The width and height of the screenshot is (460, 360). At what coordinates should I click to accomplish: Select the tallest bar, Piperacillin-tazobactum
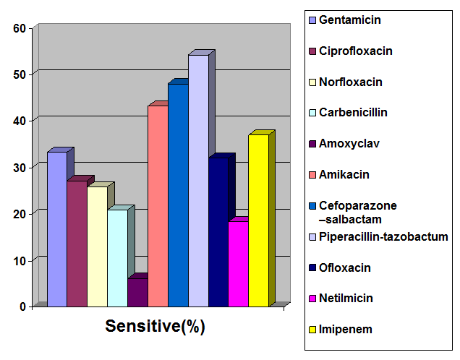click(x=198, y=181)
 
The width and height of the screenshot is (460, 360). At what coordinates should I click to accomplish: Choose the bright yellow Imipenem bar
click(x=258, y=220)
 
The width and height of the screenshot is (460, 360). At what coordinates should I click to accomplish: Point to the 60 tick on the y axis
click(x=20, y=28)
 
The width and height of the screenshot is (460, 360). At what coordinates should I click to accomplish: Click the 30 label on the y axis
click(x=20, y=167)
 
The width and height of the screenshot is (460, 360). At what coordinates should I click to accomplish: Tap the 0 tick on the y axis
click(x=23, y=307)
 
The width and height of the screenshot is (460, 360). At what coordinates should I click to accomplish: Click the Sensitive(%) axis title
click(x=156, y=326)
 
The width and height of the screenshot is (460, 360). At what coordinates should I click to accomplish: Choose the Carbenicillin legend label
click(x=352, y=113)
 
